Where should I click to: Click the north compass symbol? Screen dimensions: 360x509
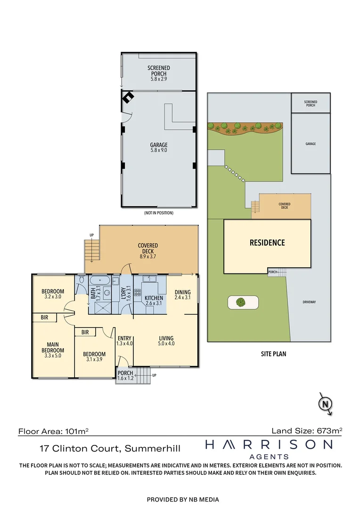pos(325,404)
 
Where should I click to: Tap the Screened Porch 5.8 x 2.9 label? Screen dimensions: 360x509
pos(159,73)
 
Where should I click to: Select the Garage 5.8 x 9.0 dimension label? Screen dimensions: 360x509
pos(159,148)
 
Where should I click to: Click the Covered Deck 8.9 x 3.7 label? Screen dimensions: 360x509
pos(147,251)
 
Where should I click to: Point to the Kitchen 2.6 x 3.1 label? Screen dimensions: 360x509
pos(154,300)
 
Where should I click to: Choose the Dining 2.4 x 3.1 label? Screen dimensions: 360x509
pos(182,295)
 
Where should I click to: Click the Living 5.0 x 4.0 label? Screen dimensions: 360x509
pos(166,341)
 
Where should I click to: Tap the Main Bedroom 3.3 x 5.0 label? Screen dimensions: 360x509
pos(53,350)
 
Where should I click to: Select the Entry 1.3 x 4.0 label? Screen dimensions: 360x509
pos(125,341)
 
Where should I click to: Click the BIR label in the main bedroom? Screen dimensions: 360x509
pos(44,318)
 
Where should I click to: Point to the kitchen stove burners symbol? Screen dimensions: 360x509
pos(137,293)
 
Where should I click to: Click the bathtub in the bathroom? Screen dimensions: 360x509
pos(100,280)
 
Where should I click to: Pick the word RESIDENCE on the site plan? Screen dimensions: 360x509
pos(267,243)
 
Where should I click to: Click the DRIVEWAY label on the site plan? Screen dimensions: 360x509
pos(309,302)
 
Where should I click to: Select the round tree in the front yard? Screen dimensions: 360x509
pos(240,303)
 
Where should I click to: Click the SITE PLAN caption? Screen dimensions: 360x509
pos(273,354)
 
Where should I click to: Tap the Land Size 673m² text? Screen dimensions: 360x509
pos(307,431)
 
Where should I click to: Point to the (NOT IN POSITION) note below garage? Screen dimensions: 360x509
pos(159,213)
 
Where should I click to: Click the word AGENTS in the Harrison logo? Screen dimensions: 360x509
pos(269,457)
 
